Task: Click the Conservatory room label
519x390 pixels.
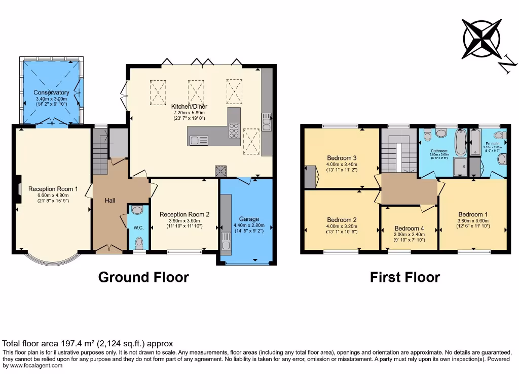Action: tap(51, 92)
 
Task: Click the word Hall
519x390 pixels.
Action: tap(109, 201)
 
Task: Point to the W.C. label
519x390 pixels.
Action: tap(139, 228)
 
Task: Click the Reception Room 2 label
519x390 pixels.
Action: tap(184, 214)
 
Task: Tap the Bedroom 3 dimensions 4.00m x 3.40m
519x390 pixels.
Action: tap(342, 164)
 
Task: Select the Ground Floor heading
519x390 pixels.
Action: tap(143, 277)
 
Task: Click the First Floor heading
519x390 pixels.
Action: tap(404, 277)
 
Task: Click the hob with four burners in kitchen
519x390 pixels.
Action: tap(234, 131)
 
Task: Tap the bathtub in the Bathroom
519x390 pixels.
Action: tap(461, 143)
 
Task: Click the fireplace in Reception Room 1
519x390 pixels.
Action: tap(17, 189)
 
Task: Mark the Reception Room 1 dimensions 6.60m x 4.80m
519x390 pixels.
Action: tap(53, 195)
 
